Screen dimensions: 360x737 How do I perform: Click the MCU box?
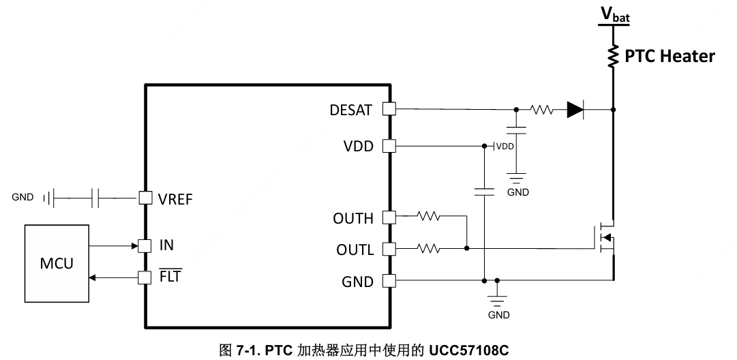(x=57, y=262)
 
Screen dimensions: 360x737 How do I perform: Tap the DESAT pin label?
(x=350, y=110)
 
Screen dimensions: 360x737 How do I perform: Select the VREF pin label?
(x=175, y=199)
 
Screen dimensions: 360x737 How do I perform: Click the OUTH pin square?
(x=389, y=217)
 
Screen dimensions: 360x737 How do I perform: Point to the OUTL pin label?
(x=355, y=250)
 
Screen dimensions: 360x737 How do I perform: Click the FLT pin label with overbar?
(x=170, y=277)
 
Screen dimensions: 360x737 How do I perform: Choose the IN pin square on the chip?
(x=145, y=245)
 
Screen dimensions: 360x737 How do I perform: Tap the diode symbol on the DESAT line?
(x=577, y=109)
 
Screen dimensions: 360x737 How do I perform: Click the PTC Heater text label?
(x=670, y=56)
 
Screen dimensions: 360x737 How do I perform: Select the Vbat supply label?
(x=614, y=14)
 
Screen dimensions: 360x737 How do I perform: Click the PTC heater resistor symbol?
(x=614, y=56)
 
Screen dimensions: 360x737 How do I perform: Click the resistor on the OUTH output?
(x=429, y=217)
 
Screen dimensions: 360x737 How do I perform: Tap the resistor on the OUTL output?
(x=429, y=249)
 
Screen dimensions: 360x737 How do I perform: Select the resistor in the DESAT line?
(x=542, y=109)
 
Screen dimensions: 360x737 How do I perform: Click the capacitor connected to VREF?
(x=96, y=198)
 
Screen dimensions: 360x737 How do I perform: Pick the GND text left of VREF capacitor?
(x=22, y=198)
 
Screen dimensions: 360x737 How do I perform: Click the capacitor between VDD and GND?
(x=483, y=192)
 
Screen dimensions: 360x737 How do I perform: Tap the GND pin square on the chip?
(x=389, y=280)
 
